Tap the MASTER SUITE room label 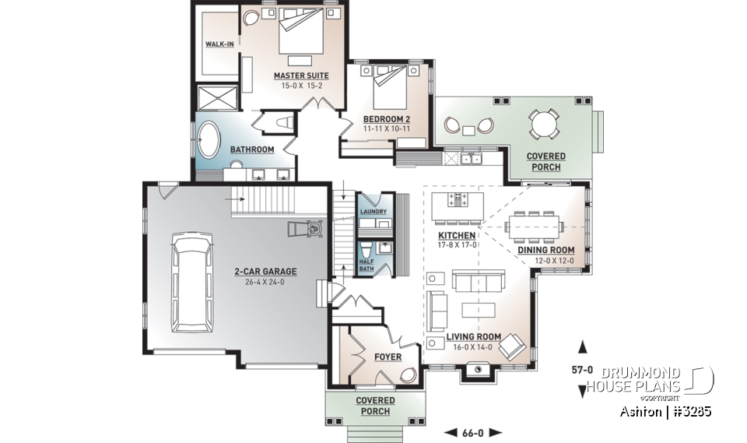pyautogui.click(x=300, y=76)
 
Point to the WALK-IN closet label pyautogui.click(x=219, y=44)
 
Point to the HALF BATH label pyautogui.click(x=366, y=265)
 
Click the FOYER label pyautogui.click(x=387, y=357)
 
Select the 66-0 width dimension pyautogui.click(x=473, y=432)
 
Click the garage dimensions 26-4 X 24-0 pyautogui.click(x=266, y=282)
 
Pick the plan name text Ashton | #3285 pyautogui.click(x=665, y=410)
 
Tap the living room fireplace pyautogui.click(x=475, y=372)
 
